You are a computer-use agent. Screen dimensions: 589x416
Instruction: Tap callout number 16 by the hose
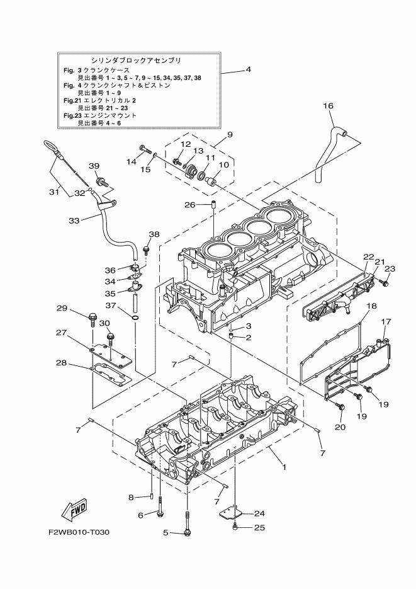329,106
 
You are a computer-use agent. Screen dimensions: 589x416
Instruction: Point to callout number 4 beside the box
249,69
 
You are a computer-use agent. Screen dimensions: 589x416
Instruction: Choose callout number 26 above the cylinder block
191,204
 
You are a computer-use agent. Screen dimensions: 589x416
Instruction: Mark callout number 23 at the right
390,268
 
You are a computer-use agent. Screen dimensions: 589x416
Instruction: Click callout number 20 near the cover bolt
340,426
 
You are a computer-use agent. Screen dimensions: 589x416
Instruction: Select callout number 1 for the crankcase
284,467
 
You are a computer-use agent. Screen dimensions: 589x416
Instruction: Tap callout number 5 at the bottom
166,533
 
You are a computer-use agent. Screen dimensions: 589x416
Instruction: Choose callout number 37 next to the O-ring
110,306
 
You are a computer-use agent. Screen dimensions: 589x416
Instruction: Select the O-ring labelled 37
135,317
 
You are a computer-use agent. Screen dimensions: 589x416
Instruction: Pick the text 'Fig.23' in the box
69,116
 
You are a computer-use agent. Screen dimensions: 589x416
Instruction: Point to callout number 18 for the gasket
372,306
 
